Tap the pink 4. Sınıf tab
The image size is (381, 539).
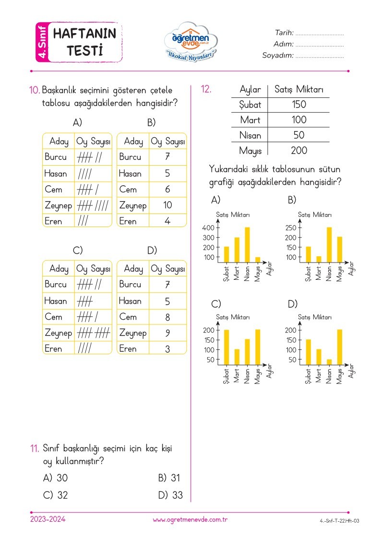(42, 42)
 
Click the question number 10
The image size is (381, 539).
(35, 90)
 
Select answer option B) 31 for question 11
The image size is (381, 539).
(169, 478)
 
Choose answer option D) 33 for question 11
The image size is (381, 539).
(170, 495)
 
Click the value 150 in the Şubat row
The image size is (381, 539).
(298, 105)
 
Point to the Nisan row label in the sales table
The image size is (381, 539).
(250, 135)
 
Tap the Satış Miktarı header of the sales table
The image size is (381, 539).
(298, 89)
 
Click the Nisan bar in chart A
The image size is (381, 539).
(247, 245)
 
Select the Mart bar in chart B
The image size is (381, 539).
(319, 259)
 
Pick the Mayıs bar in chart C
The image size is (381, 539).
(258, 347)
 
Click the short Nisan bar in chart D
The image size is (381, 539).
(329, 362)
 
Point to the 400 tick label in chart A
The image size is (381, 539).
(209, 228)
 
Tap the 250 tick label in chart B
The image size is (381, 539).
(291, 228)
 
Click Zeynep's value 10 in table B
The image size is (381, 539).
(167, 205)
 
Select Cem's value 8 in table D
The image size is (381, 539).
(167, 317)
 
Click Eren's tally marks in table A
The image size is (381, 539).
(83, 221)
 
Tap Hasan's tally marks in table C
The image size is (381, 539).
(85, 301)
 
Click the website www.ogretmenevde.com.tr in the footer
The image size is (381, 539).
(190, 520)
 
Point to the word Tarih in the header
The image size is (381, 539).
(284, 33)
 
